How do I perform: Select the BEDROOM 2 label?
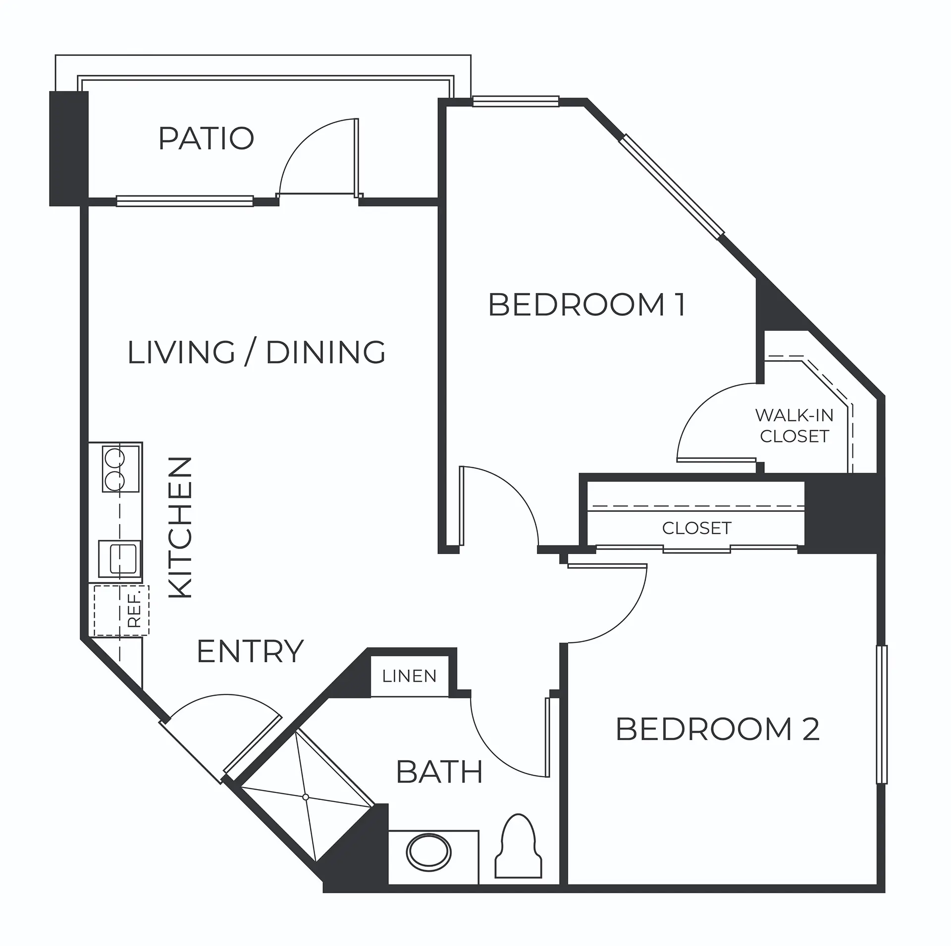click(718, 729)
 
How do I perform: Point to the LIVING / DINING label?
click(257, 352)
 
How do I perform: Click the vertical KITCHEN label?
click(180, 527)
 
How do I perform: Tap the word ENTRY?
click(250, 651)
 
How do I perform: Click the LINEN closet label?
click(409, 676)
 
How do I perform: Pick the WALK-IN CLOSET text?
click(794, 426)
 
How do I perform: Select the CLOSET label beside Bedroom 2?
click(697, 528)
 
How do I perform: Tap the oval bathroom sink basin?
click(429, 853)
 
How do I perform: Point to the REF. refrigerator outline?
click(121, 610)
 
